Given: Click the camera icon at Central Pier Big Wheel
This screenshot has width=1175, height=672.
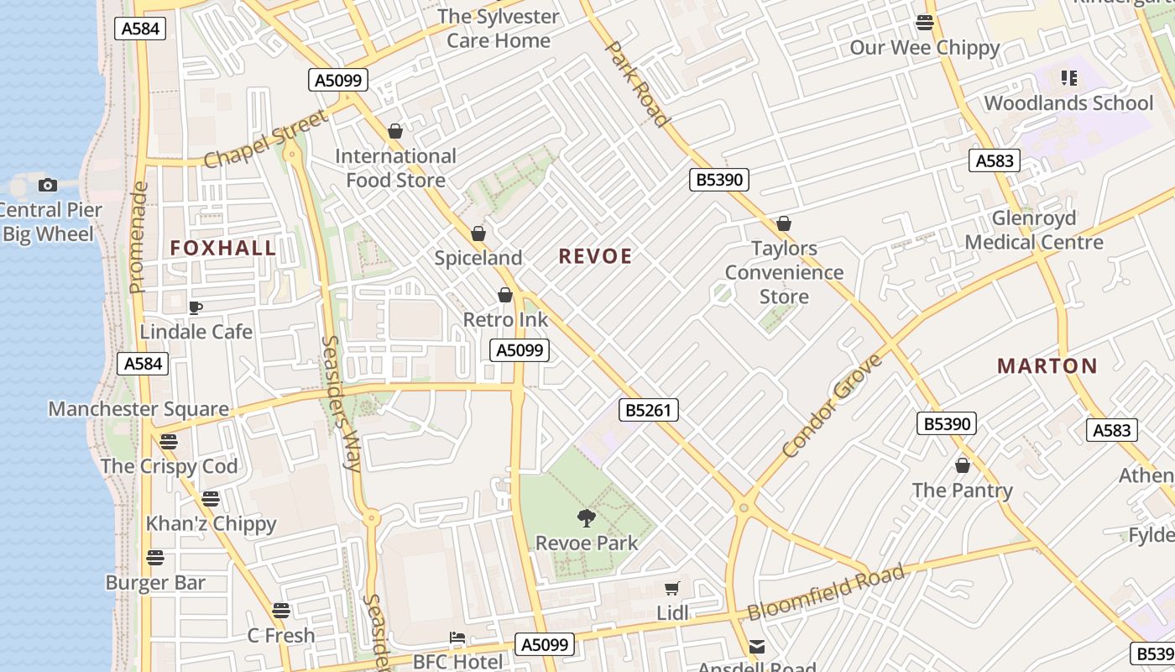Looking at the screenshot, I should click(48, 185).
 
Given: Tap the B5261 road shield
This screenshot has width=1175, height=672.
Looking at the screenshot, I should click(648, 410).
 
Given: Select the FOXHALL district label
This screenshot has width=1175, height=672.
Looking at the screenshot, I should click(223, 248).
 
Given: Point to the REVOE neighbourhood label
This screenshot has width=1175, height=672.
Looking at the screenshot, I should click(595, 257).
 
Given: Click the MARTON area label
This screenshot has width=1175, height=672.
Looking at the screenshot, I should click(1047, 366).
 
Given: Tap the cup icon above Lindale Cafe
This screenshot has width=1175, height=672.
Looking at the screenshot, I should click(196, 308).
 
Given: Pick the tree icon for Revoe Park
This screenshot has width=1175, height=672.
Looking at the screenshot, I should click(587, 518).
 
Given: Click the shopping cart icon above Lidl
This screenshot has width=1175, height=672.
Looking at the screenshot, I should click(671, 589).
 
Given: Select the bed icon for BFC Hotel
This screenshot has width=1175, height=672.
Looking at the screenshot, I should click(457, 638).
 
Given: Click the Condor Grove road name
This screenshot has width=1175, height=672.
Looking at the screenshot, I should click(833, 406).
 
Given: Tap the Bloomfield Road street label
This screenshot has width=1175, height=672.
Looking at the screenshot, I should click(826, 592).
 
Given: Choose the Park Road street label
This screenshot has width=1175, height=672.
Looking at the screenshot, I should click(637, 83).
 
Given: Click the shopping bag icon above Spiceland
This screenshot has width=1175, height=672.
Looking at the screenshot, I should click(478, 234).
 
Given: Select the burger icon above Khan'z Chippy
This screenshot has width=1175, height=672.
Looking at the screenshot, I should click(211, 499).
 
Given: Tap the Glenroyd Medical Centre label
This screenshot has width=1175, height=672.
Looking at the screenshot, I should click(1034, 230).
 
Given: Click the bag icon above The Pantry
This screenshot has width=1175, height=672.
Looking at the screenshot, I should click(963, 465).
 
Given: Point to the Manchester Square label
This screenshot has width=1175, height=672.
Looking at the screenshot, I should click(138, 409).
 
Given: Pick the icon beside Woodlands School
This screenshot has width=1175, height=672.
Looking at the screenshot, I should click(1069, 78).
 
